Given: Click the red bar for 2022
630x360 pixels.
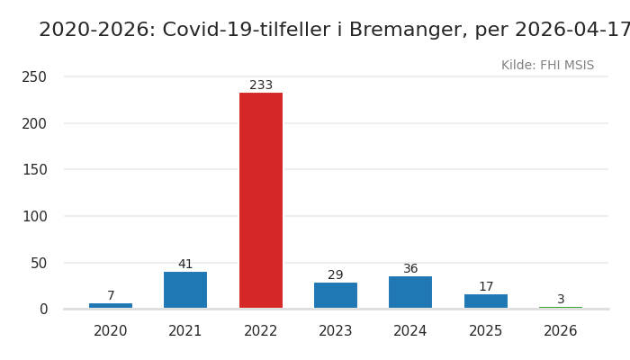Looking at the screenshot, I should [x=261, y=200].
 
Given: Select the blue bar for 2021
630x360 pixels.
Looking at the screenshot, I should [x=185, y=290].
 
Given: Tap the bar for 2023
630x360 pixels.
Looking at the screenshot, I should [x=336, y=295].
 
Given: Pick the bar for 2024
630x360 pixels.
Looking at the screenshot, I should [x=410, y=292].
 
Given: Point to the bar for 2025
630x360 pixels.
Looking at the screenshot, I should [x=486, y=301].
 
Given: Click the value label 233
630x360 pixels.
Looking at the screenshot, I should [x=261, y=85].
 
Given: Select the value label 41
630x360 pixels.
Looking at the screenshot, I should [x=185, y=265].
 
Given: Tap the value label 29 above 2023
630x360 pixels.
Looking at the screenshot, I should [x=336, y=275].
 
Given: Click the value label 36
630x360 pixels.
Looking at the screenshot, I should [x=410, y=269].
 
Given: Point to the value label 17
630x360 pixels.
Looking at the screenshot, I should [x=486, y=287].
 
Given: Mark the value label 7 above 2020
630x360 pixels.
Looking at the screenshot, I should [x=111, y=296].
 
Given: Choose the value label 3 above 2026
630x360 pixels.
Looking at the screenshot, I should [x=561, y=300].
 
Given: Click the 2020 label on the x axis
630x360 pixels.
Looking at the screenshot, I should [x=111, y=331].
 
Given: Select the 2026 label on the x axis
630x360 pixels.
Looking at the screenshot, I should [x=561, y=331].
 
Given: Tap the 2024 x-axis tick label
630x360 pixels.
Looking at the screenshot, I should [x=410, y=331].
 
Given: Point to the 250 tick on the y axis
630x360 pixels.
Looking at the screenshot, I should [x=34, y=77].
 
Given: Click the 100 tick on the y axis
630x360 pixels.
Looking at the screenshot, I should [x=34, y=216].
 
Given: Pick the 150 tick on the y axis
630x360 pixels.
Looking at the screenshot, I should [x=34, y=170].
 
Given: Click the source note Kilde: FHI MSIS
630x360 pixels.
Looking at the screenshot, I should [x=547, y=66].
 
